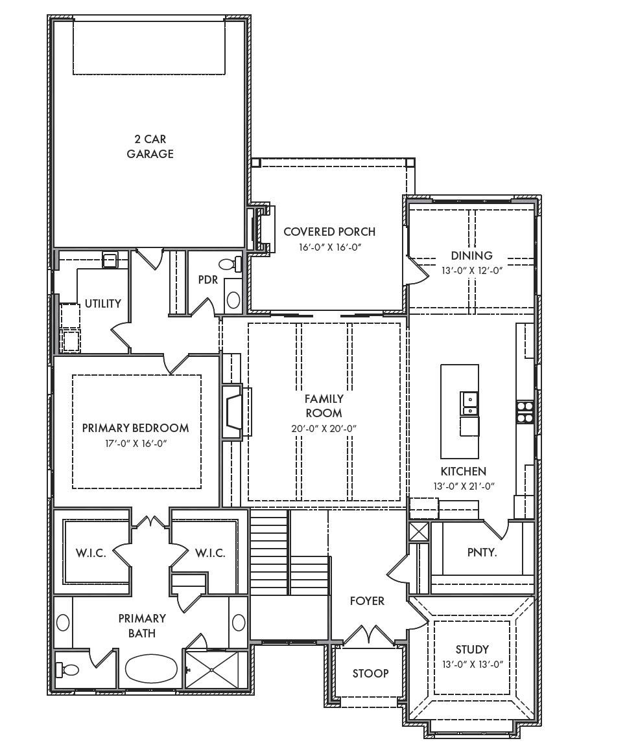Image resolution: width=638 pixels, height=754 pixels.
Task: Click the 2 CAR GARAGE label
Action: coord(150,146)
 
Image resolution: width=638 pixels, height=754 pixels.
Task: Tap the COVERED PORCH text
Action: coord(329,232)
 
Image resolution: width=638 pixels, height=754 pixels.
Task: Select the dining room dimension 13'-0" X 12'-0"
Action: coord(472,271)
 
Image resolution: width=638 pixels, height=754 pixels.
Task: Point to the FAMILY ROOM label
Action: coord(324,406)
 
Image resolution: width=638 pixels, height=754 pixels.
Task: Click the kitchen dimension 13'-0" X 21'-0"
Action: coord(464,486)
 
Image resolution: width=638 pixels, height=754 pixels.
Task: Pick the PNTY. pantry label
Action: coord(482,553)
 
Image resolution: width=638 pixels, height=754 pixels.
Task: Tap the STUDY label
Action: coord(472,650)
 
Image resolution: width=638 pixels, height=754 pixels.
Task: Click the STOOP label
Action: coord(370,673)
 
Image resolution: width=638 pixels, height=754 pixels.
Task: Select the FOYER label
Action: coord(367,600)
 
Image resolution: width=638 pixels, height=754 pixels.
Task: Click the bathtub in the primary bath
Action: coord(152,669)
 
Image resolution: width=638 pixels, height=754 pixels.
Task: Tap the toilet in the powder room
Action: coord(230,264)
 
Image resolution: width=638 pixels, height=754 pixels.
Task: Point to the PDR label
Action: coord(208,280)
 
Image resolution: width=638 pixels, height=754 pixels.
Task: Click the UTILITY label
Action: coord(103,303)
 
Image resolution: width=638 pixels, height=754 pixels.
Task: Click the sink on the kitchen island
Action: coord(469,403)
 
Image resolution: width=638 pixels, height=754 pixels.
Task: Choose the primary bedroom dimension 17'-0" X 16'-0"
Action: coord(136,443)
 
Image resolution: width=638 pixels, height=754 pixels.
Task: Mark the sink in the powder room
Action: coord(233,300)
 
